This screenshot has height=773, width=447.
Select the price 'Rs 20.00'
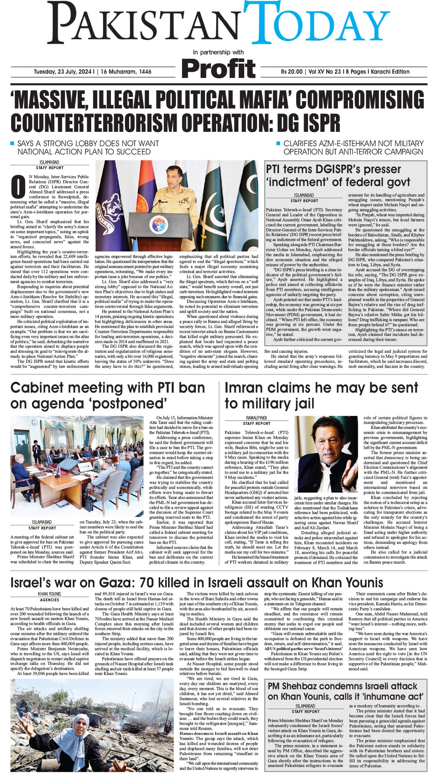292,71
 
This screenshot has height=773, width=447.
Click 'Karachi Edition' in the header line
389,71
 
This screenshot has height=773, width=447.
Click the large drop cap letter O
17,187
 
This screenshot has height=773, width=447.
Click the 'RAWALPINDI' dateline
256,418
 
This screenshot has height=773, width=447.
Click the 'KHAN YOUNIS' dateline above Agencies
50,594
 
